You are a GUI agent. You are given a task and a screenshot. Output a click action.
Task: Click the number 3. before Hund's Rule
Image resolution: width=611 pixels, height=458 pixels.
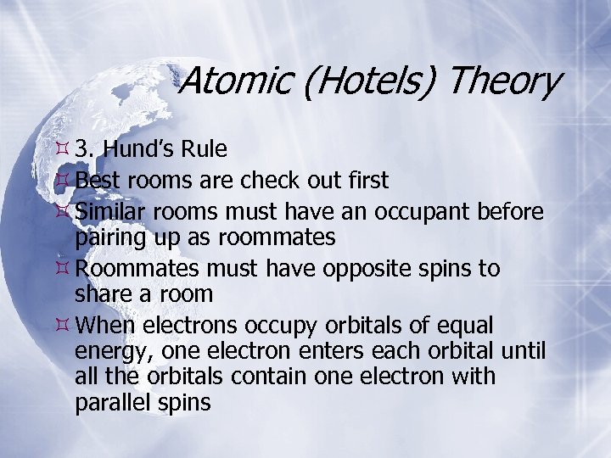pos(84,150)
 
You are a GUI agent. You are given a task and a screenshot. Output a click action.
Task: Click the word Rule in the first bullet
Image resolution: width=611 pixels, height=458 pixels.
pos(205,150)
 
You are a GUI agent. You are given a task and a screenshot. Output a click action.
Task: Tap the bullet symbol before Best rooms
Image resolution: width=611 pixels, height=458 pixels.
pos(60,180)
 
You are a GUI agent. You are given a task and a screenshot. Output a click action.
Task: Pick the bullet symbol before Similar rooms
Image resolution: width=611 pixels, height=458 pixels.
pos(60,209)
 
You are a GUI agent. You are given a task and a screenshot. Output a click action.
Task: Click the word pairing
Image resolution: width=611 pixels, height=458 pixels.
pos(112,237)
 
